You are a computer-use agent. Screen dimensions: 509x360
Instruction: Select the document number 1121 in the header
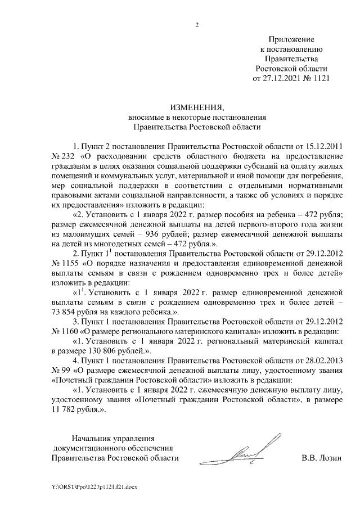point(319,79)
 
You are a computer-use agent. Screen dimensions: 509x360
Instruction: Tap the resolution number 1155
point(69,263)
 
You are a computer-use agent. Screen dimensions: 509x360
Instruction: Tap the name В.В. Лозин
point(322,458)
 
